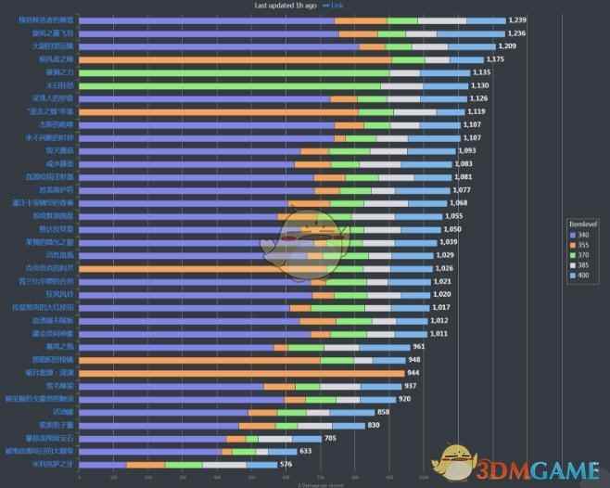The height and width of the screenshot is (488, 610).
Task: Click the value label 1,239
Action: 517,19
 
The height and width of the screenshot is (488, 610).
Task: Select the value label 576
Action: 286,464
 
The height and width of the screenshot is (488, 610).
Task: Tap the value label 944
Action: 413,373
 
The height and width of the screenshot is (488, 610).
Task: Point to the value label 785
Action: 331,438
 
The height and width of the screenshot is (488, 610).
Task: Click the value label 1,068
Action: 458,202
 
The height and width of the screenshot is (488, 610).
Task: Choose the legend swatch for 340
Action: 573,235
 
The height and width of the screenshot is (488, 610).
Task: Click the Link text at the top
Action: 338,6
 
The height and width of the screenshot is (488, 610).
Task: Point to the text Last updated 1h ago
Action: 286,6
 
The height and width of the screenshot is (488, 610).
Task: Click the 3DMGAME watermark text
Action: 537,465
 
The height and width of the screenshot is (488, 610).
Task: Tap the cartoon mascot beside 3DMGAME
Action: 455,461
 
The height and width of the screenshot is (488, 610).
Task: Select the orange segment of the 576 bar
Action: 146,464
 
